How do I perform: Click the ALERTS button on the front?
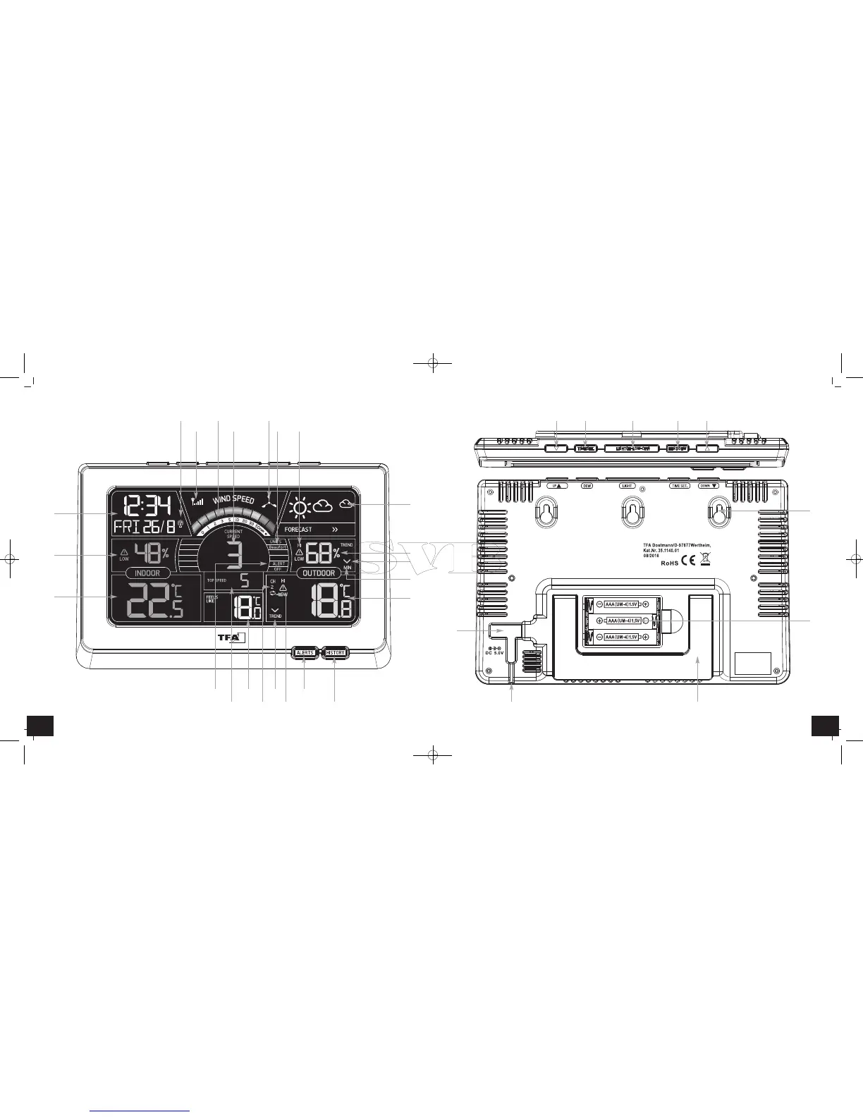point(305,652)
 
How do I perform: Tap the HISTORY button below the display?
point(336,652)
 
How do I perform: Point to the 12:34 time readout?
point(147,506)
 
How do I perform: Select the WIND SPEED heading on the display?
point(233,500)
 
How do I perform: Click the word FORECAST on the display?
point(298,529)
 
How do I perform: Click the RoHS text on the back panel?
point(670,563)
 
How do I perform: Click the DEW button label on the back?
point(587,486)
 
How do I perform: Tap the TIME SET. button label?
point(678,486)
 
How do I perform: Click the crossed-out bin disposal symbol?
point(706,561)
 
